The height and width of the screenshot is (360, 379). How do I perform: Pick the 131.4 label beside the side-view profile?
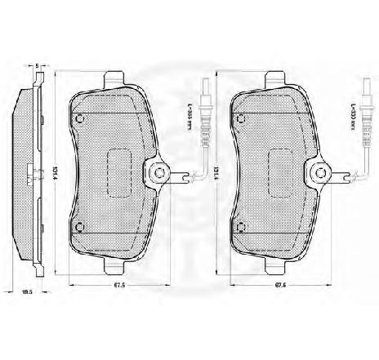click(x=55, y=173)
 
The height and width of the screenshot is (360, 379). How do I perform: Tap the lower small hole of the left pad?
click(x=80, y=227)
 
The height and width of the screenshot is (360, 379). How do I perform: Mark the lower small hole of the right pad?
click(x=239, y=227)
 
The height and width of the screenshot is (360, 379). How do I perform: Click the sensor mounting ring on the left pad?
click(x=156, y=173)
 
